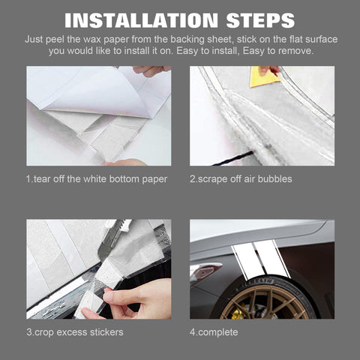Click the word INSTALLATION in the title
[142, 20]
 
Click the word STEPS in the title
[260, 20]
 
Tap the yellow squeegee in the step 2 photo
[264, 77]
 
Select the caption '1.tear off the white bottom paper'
[97, 179]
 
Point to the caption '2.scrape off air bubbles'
[241, 179]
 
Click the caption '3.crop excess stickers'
[75, 332]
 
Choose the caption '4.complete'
[214, 332]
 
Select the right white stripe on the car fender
[272, 258]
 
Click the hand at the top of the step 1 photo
[151, 70]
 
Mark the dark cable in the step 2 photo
[232, 158]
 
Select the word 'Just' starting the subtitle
[34, 40]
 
